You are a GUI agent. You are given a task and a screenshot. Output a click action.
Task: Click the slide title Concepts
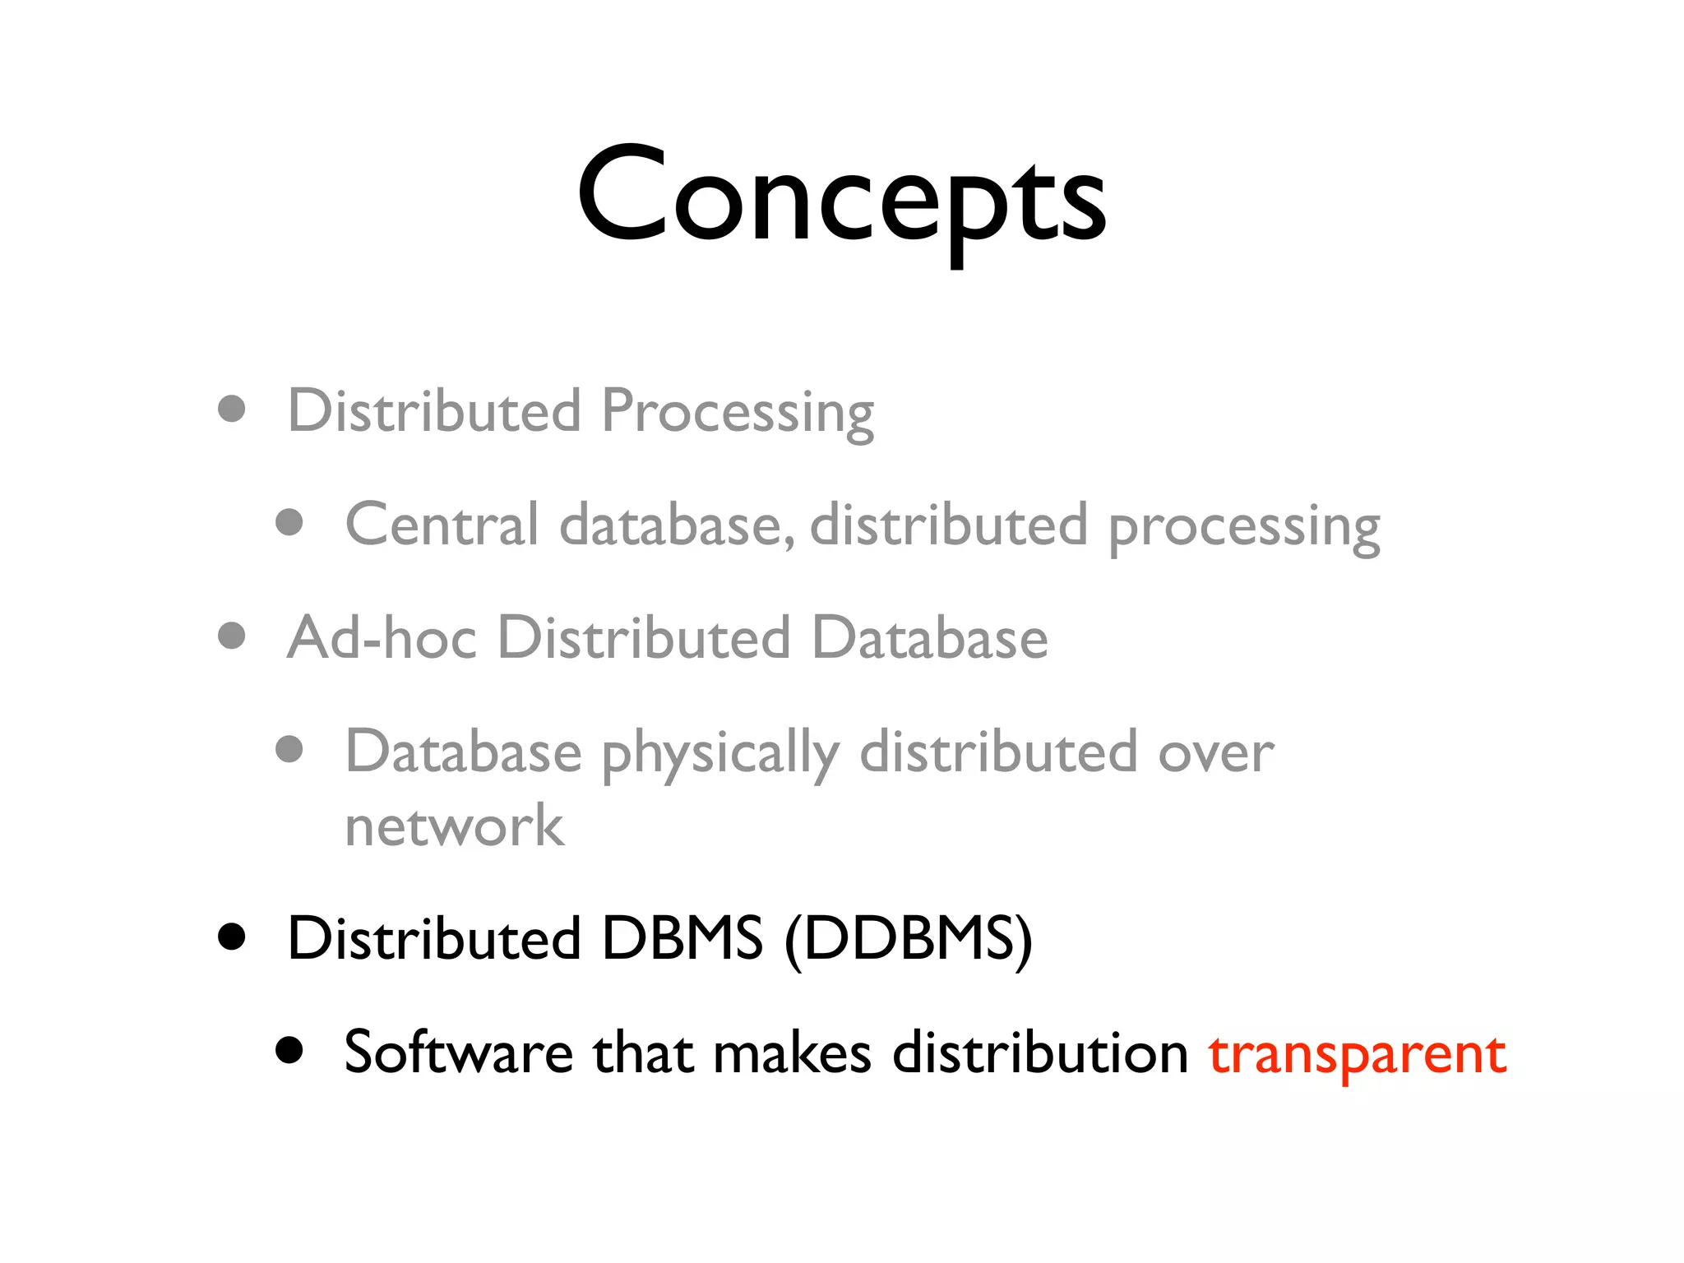[841, 197]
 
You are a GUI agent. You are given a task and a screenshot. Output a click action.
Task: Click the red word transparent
[1357, 1053]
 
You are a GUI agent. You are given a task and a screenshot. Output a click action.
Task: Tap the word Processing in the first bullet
[738, 412]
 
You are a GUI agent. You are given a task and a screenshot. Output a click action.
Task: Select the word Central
[442, 525]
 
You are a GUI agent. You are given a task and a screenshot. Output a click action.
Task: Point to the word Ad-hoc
[382, 638]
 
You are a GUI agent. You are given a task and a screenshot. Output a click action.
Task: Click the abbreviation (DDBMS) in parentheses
[909, 939]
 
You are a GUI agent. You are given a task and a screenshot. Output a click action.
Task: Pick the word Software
[458, 1052]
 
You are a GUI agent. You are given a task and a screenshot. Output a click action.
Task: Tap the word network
[454, 826]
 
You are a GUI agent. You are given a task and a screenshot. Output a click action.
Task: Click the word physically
[720, 754]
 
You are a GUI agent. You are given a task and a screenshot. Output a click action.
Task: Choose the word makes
[792, 1053]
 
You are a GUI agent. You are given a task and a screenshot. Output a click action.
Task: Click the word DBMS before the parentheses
[682, 939]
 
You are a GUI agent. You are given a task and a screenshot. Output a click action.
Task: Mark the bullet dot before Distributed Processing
[232, 409]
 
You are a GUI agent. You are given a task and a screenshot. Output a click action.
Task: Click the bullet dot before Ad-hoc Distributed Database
[232, 636]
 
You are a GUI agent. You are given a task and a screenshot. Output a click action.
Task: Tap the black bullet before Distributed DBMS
[232, 936]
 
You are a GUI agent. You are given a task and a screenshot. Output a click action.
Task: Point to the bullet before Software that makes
[289, 1049]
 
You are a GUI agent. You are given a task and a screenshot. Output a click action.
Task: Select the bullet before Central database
[289, 522]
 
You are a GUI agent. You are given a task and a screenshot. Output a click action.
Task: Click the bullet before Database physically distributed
[289, 749]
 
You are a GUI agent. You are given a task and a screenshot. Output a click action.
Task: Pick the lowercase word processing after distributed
[1244, 527]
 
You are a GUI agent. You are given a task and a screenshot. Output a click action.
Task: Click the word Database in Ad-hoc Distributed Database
[929, 638]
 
